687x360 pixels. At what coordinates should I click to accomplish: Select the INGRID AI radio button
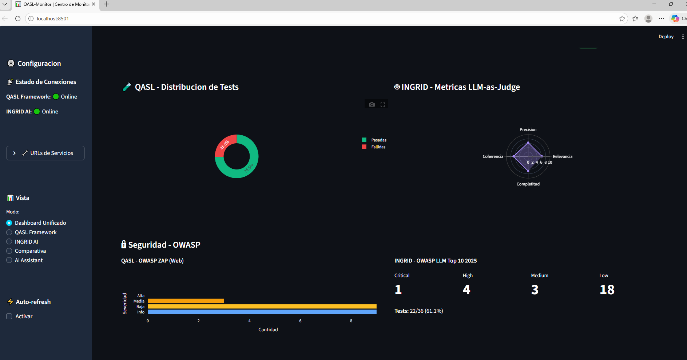point(9,242)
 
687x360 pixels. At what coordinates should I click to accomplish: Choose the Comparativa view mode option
point(9,251)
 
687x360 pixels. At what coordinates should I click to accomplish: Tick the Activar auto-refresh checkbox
point(9,316)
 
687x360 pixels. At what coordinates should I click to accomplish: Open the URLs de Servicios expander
point(45,153)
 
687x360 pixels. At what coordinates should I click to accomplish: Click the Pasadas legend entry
point(378,140)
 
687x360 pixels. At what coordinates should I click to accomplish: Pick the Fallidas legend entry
point(378,147)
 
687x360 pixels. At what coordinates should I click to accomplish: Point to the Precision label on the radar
point(528,129)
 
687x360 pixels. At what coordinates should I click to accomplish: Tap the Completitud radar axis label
point(528,184)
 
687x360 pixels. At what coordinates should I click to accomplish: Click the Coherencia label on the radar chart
point(493,156)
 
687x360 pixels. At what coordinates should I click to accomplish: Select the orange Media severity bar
point(186,301)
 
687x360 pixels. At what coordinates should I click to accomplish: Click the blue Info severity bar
point(262,312)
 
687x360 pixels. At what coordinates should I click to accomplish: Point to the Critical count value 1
point(398,289)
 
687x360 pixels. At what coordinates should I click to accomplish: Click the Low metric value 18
point(607,289)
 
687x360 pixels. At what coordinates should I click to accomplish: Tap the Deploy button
point(666,37)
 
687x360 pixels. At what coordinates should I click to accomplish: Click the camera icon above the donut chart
point(372,104)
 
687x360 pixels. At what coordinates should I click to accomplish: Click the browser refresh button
point(18,19)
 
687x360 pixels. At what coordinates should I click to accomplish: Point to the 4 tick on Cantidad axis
point(249,321)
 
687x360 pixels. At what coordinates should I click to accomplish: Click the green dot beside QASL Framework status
point(56,97)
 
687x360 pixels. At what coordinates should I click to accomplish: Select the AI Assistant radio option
point(9,260)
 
